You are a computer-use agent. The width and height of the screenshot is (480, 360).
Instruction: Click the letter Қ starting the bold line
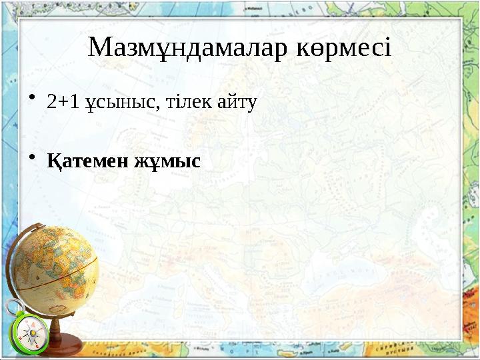click(53, 161)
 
